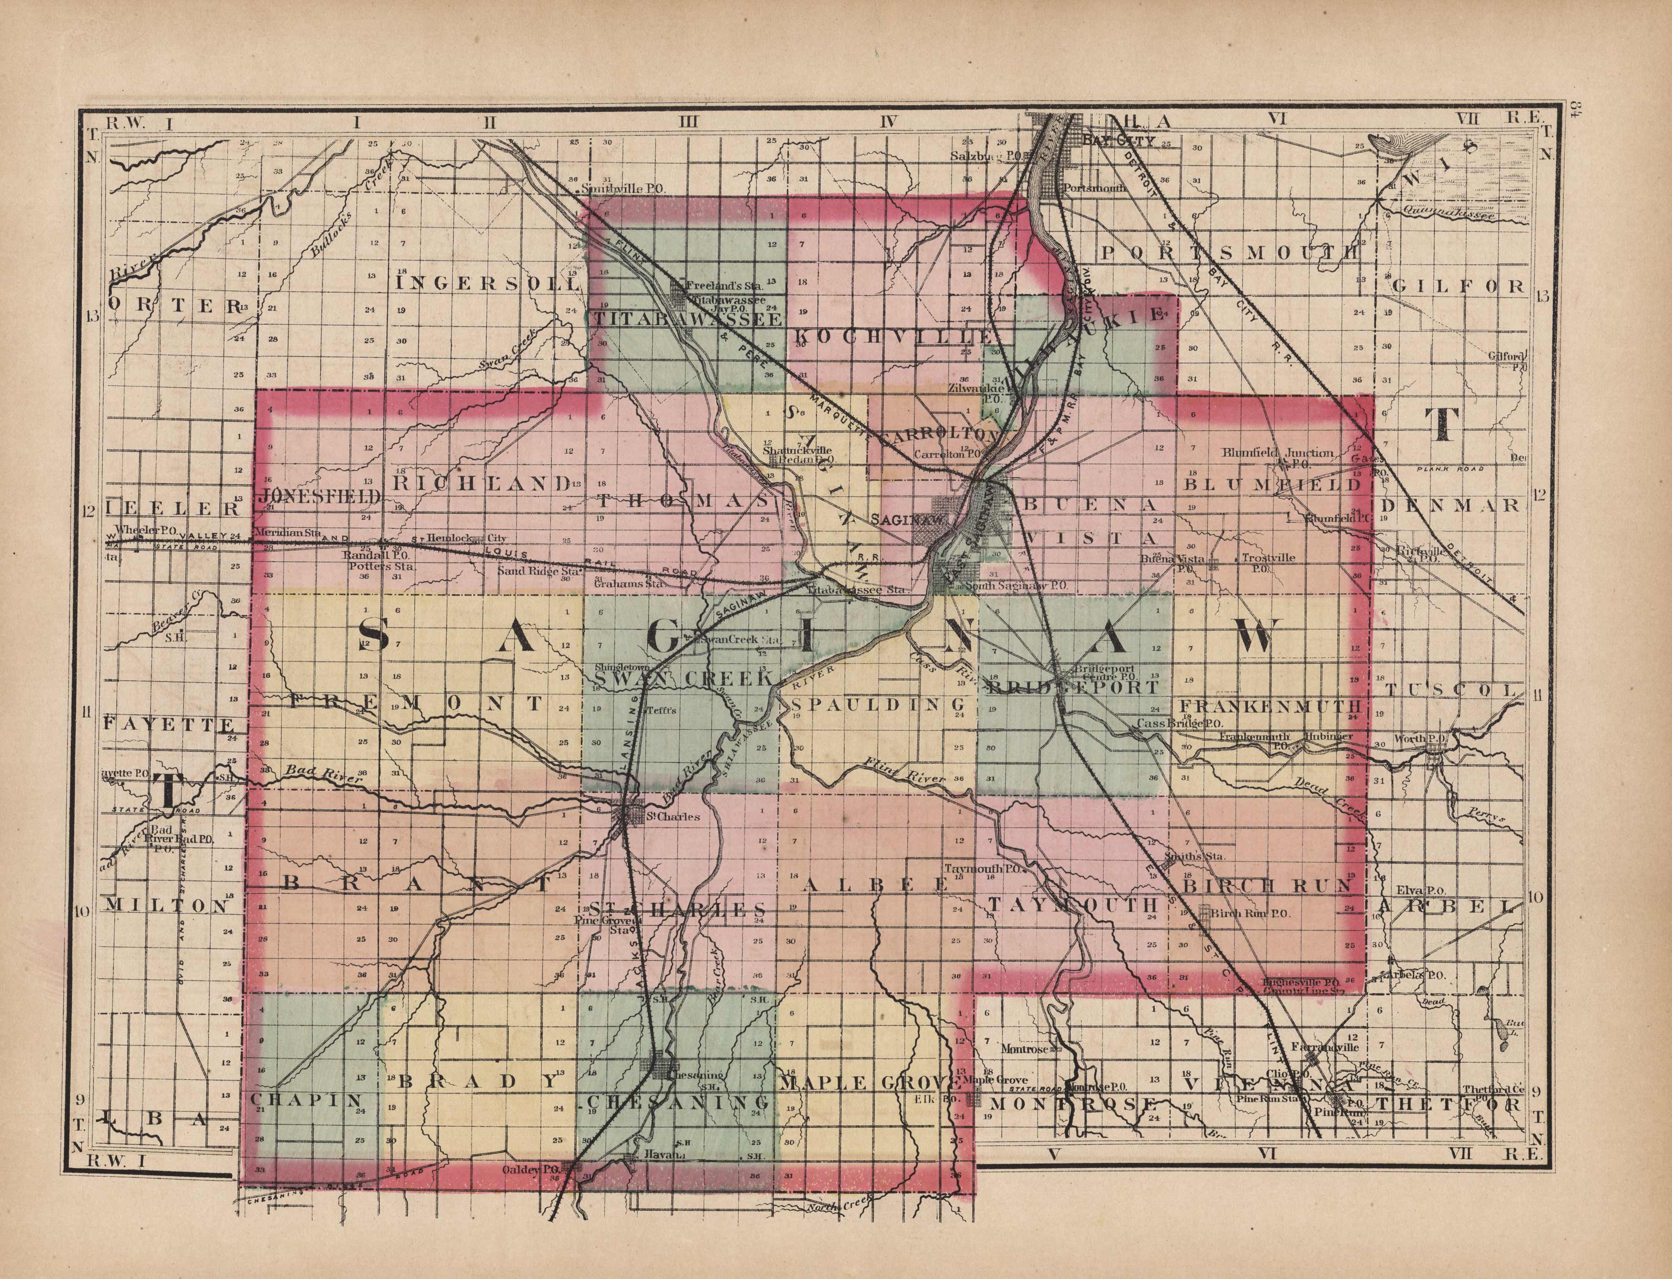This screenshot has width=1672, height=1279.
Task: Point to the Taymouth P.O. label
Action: coord(987,868)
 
